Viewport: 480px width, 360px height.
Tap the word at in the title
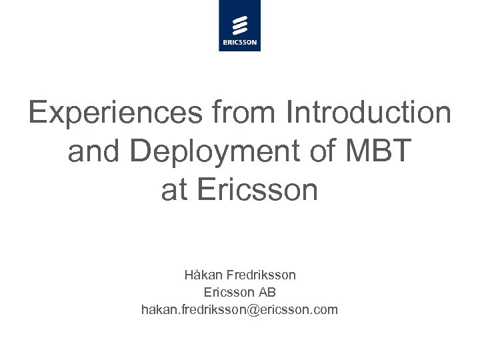point(175,191)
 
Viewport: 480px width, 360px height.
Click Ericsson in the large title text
point(259,191)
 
